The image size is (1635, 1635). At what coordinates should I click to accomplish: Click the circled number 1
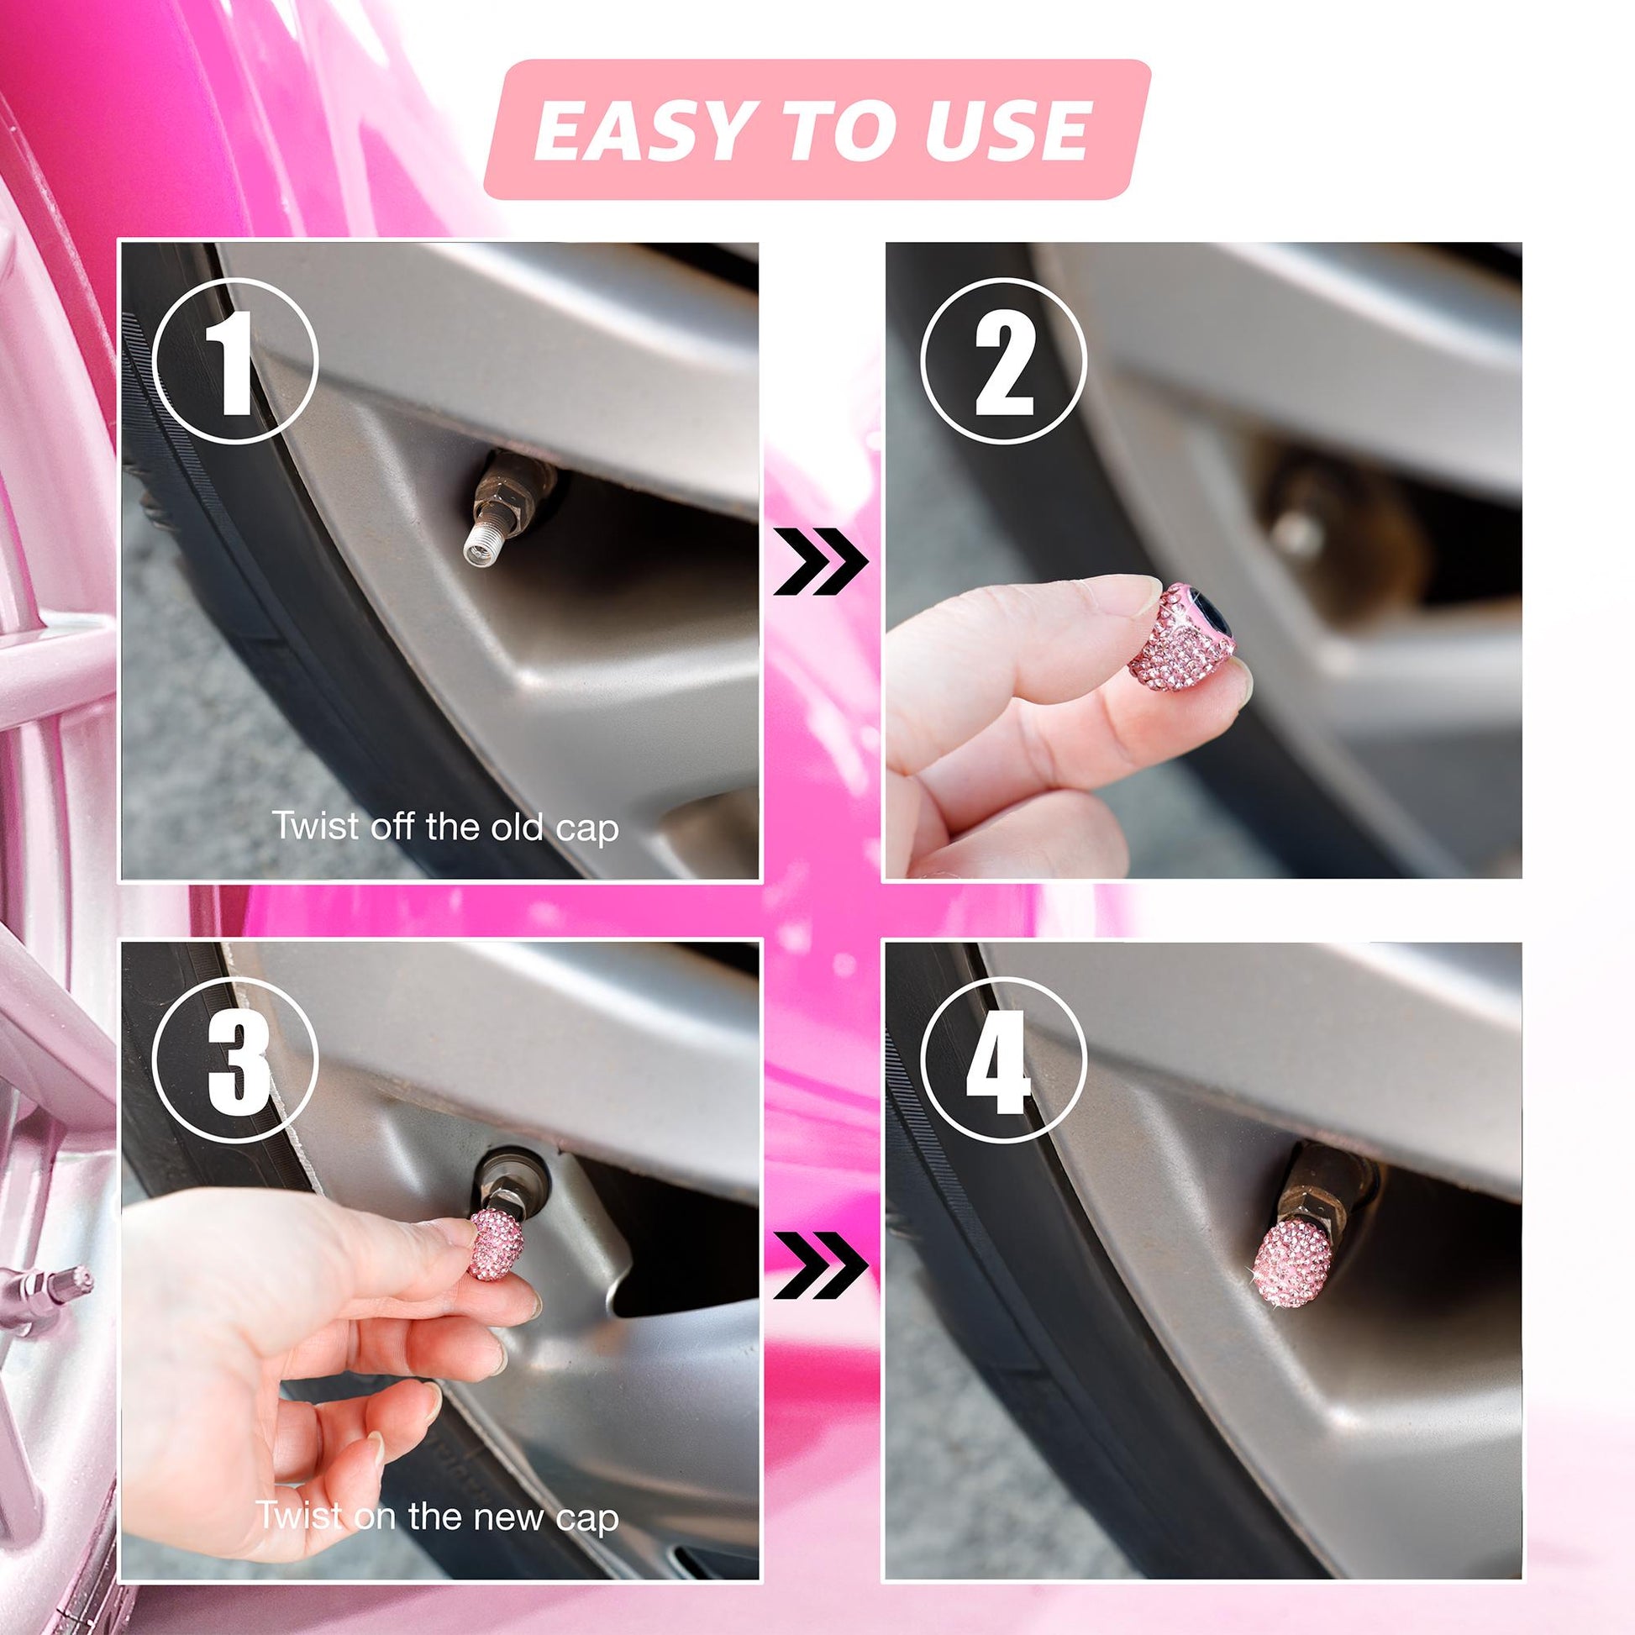pyautogui.click(x=236, y=361)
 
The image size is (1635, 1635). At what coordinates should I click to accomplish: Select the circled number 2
pyautogui.click(x=1003, y=361)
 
